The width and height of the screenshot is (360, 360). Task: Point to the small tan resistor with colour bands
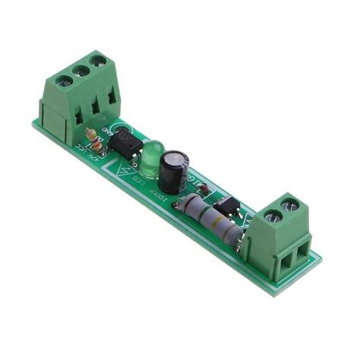[94, 139]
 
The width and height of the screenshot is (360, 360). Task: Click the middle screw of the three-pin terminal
[81, 69]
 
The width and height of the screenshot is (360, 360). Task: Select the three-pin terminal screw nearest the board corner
[64, 80]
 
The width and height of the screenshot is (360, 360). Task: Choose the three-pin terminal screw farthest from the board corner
[97, 59]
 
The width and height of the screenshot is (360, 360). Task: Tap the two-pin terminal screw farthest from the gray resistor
[289, 204]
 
